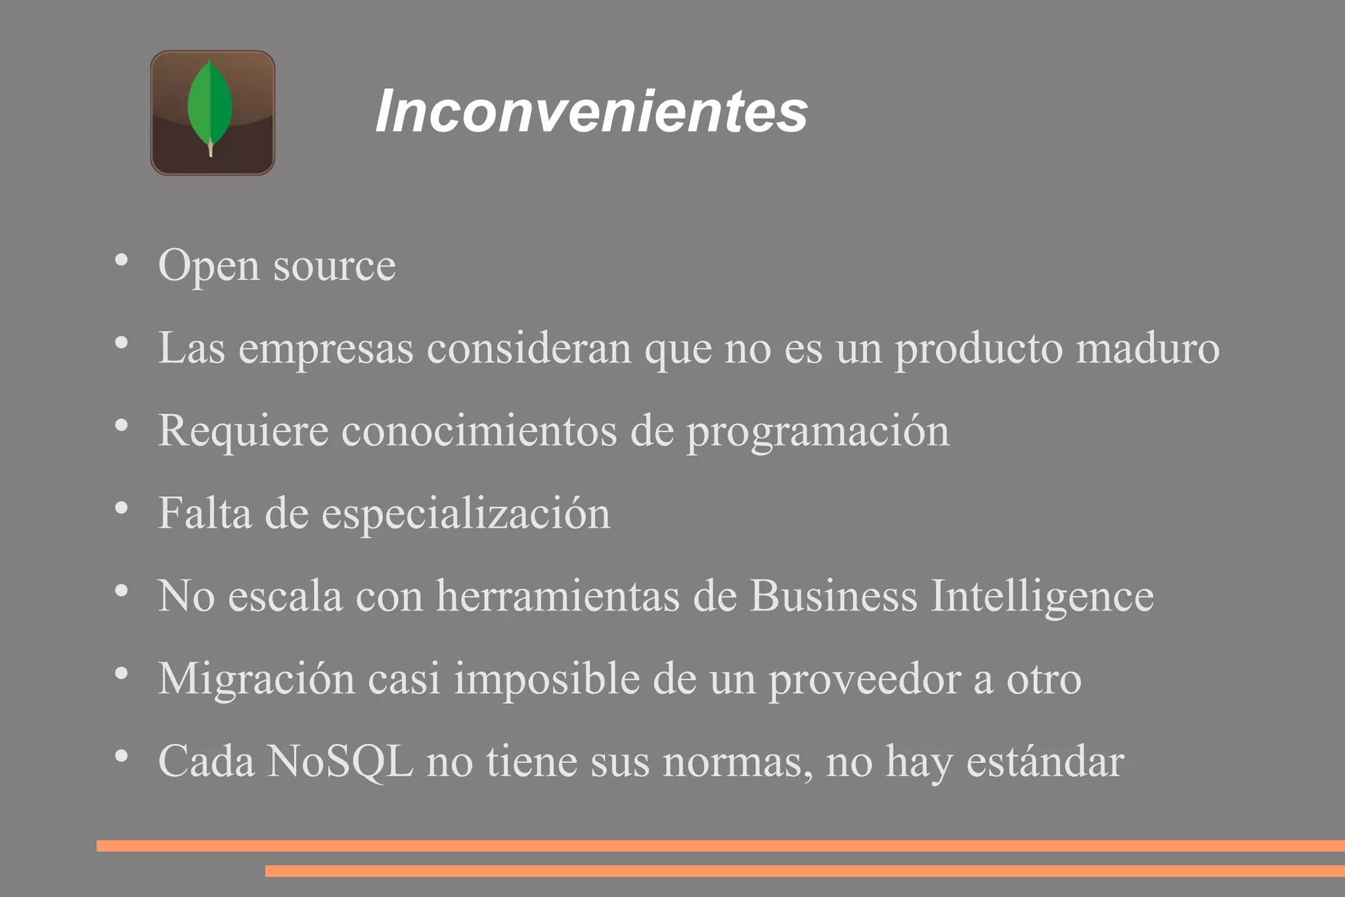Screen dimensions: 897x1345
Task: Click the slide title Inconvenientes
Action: click(x=591, y=111)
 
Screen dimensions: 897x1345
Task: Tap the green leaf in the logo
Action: click(x=210, y=105)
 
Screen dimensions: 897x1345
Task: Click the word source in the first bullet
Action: click(x=334, y=266)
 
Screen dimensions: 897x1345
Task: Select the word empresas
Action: click(x=326, y=349)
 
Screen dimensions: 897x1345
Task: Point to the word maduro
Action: click(x=1147, y=348)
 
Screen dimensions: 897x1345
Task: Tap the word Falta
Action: click(x=205, y=513)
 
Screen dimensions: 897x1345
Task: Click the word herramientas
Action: click(x=558, y=596)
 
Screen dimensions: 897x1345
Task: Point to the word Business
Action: click(x=833, y=596)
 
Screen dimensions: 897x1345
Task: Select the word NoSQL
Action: click(x=340, y=762)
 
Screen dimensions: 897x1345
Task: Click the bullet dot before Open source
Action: click(x=121, y=260)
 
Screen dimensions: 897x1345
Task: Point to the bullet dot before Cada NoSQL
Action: click(x=121, y=756)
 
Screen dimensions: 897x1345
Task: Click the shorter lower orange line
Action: click(x=805, y=871)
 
